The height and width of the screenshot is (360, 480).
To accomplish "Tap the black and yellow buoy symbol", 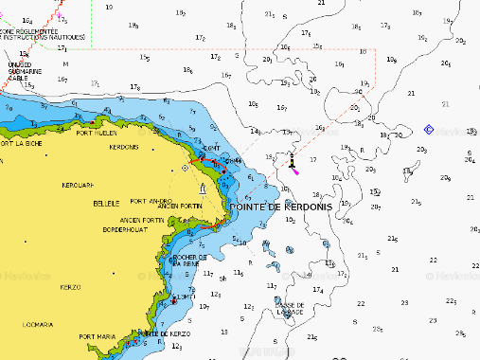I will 293,163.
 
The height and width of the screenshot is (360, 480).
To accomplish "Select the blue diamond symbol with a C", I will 429,129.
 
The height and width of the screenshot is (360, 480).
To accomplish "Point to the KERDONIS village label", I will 124,147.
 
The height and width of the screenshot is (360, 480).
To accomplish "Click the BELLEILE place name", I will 104,203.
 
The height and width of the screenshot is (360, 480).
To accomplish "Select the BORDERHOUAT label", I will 127,228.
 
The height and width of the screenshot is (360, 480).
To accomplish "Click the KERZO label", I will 70,286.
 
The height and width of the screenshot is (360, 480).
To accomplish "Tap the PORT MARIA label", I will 97,336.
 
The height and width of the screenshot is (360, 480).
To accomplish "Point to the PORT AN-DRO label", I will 151,201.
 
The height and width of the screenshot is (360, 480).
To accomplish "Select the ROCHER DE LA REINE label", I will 187,261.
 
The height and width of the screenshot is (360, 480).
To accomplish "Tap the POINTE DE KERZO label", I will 166,334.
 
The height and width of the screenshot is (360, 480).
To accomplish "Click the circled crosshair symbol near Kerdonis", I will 185,169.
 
